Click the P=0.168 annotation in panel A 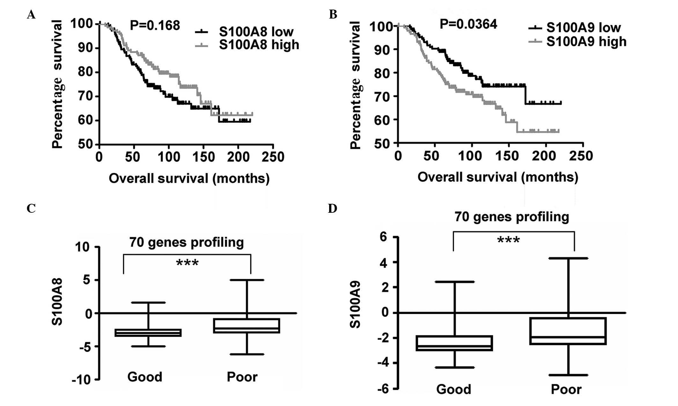(x=155, y=25)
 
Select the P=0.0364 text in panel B (x=468, y=24)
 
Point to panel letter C (x=31, y=209)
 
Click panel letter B (x=333, y=15)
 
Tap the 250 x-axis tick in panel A (x=273, y=157)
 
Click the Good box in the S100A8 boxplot (x=148, y=333)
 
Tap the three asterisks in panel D (x=508, y=240)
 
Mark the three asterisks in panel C (x=187, y=263)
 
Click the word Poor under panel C (x=242, y=377)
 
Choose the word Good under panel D (x=453, y=389)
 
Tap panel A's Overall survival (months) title (x=189, y=178)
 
